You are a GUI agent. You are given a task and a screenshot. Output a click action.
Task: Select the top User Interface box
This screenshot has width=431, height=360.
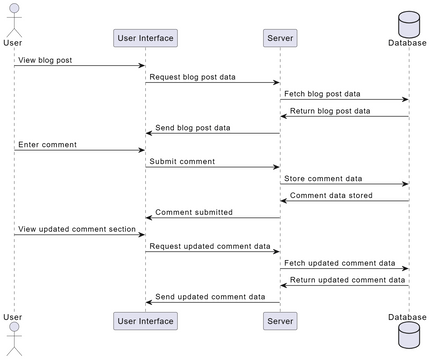tap(145, 39)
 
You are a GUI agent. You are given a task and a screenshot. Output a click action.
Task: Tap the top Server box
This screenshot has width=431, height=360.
tap(279, 39)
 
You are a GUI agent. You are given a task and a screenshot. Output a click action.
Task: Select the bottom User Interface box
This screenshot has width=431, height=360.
tap(145, 321)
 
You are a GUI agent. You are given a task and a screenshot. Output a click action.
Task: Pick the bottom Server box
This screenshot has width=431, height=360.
tap(279, 321)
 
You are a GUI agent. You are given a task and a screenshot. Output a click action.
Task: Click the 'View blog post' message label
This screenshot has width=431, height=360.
tap(47, 59)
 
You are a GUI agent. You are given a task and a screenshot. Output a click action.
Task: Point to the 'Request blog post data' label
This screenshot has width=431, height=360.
tap(194, 76)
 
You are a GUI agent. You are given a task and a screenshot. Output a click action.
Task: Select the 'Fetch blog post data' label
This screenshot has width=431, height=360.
tap(323, 93)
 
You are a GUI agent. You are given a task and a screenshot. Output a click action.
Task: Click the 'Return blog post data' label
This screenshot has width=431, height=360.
tap(330, 110)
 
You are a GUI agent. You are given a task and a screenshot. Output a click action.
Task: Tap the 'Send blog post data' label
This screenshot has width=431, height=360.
tap(193, 128)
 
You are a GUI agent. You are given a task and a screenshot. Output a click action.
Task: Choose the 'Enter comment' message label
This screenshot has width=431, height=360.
tap(47, 145)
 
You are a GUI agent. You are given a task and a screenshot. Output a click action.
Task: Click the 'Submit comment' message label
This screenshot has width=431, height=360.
tap(182, 161)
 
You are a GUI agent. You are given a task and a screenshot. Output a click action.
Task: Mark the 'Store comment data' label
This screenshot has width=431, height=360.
tap(321, 178)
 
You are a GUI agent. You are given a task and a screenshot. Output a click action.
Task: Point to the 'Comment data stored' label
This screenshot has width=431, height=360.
tap(331, 195)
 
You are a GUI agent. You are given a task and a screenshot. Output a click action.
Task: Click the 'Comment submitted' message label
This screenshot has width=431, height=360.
tap(194, 212)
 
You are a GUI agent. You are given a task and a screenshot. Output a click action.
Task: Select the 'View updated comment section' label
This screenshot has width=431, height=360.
tap(77, 229)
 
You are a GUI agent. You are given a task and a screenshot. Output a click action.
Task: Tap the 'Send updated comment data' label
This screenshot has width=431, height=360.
tap(210, 296)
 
